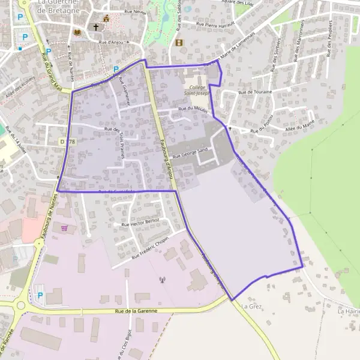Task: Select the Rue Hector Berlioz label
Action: (x=140, y=222)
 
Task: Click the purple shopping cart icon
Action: (x=64, y=228)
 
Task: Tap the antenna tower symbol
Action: (x=161, y=279)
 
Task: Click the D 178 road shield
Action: (x=68, y=141)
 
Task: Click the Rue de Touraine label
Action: (x=255, y=92)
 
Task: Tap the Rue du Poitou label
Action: (x=262, y=122)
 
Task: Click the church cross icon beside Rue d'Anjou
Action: (x=95, y=27)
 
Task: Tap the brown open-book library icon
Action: (x=77, y=32)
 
